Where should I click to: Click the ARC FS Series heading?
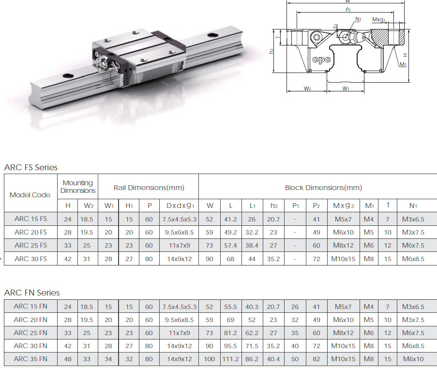[x=31, y=167]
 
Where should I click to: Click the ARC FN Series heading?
[x=32, y=293]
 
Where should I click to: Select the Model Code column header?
[x=30, y=195]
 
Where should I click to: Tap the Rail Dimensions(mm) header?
[x=149, y=188]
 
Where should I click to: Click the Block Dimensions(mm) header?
[x=323, y=188]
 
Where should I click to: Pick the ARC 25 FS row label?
[x=30, y=245]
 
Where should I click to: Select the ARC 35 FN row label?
[x=30, y=359]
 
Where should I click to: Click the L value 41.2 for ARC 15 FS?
[x=230, y=219]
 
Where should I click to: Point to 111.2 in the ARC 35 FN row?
[x=230, y=359]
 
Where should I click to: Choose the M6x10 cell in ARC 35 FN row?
[x=413, y=359]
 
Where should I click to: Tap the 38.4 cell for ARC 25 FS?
[x=252, y=245]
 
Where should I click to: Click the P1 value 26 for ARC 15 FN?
[x=295, y=307]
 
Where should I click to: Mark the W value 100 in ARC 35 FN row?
[x=210, y=359]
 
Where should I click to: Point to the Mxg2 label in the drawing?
[x=379, y=20]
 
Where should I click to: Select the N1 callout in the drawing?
[x=358, y=19]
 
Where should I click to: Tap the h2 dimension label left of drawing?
[x=272, y=50]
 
